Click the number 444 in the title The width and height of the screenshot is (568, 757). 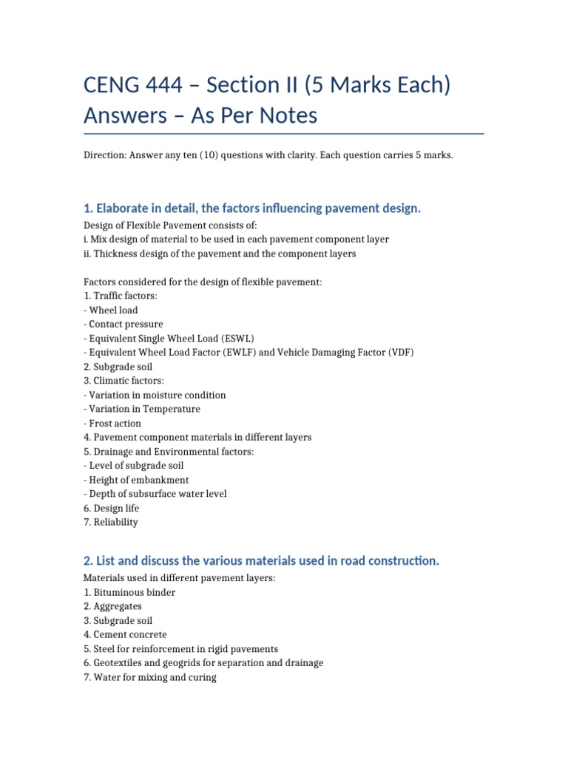172,86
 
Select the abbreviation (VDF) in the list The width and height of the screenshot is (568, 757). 400,352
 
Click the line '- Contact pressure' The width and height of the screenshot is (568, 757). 124,324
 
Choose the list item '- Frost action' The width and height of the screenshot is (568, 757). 115,423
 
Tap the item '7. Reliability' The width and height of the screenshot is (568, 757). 111,522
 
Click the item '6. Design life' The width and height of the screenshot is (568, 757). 112,508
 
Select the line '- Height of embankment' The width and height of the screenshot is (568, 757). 137,480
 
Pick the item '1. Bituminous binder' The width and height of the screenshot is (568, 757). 129,592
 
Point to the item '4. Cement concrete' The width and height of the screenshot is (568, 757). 125,634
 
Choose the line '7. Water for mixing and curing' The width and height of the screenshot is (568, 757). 150,676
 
